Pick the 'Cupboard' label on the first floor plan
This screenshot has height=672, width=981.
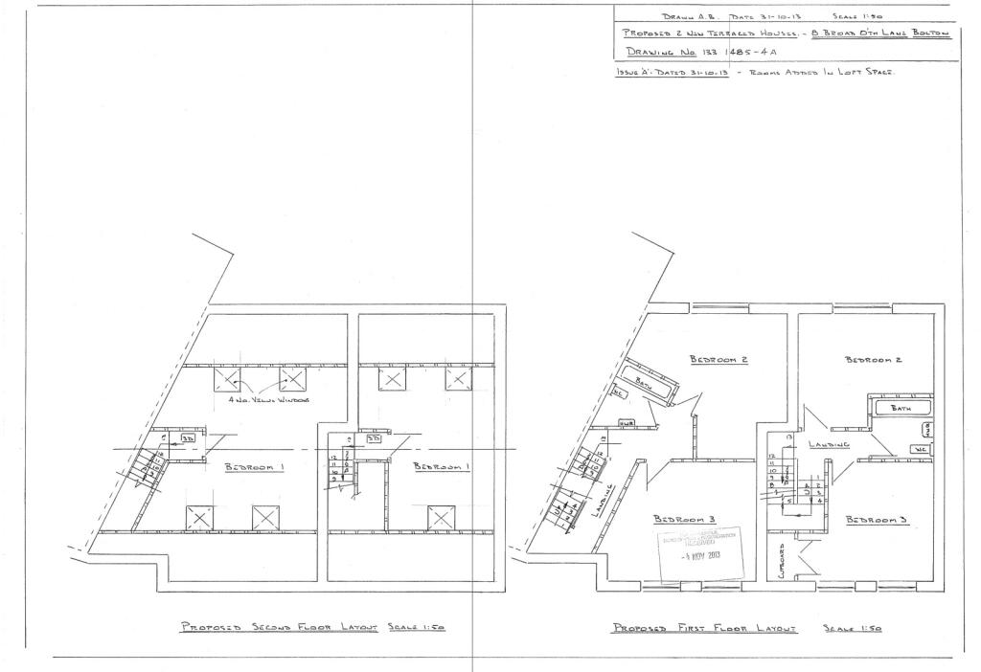783,561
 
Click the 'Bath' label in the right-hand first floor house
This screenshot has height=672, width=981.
901,408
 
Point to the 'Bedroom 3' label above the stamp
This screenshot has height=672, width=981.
680,519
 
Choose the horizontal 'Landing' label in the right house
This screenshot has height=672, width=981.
830,444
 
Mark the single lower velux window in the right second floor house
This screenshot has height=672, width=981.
440,518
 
